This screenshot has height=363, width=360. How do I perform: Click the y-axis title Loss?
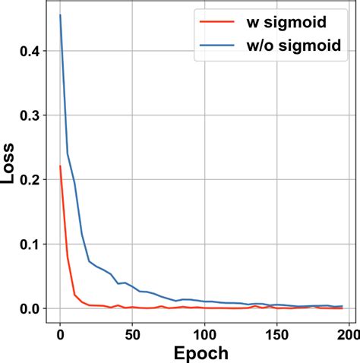point(10,163)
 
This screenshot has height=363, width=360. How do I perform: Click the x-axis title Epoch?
point(200,353)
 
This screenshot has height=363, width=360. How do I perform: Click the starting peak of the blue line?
point(60,15)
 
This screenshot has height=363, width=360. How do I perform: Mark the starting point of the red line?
point(60,166)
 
